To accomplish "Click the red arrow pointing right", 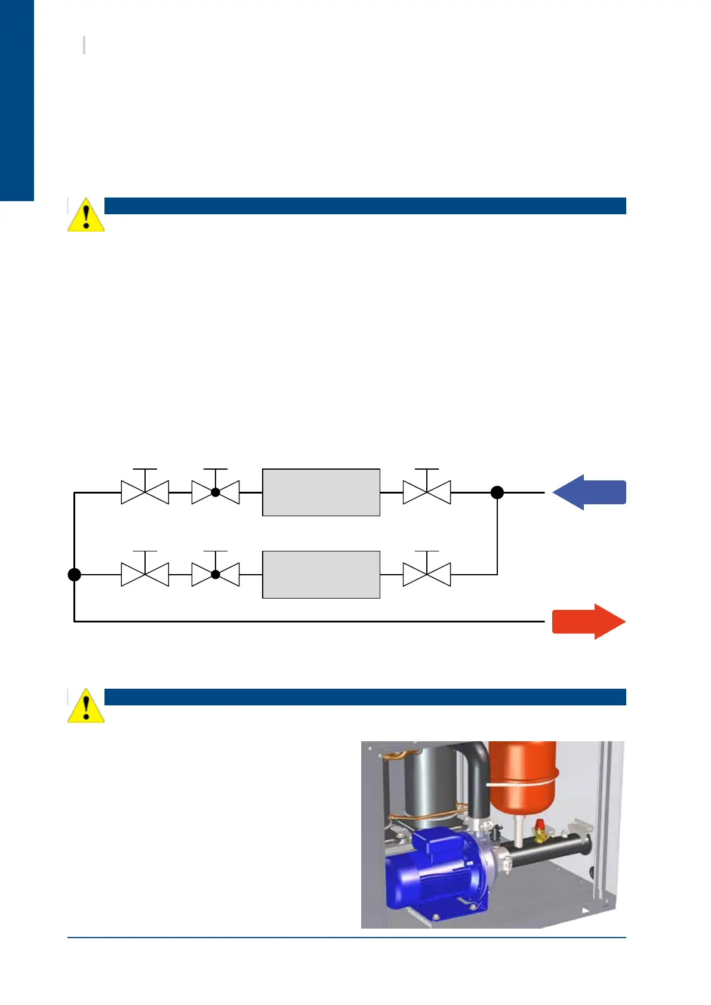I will (588, 621).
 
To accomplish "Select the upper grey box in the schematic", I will (321, 492).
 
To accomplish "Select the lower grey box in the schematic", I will (321, 574).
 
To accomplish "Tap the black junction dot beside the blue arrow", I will (497, 492).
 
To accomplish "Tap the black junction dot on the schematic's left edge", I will (74, 574).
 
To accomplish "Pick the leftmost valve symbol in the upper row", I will (145, 492).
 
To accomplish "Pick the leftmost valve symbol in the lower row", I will (145, 574).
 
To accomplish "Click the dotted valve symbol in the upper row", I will (216, 492).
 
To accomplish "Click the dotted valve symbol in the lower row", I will (216, 574).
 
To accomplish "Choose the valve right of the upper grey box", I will (427, 492).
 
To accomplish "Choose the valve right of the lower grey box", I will (427, 574).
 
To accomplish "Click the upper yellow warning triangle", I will (86, 216).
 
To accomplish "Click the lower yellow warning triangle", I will (86, 707).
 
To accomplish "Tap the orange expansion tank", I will (523, 776).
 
